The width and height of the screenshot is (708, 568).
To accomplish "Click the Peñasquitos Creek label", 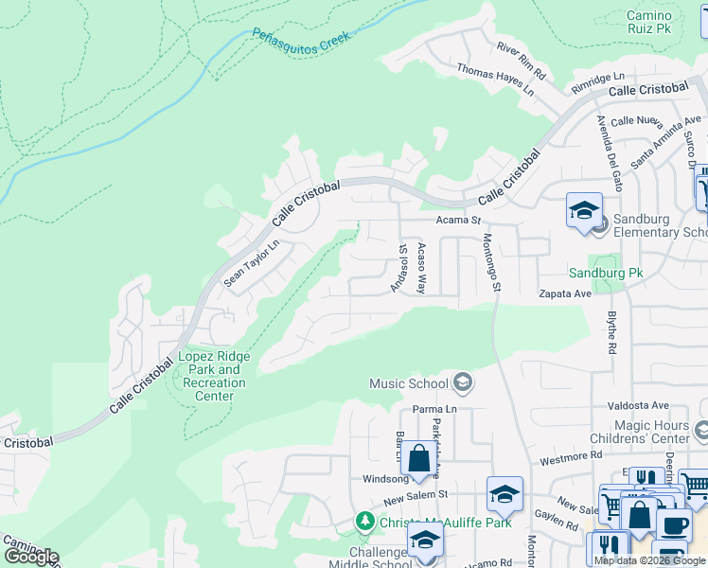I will (x=301, y=38).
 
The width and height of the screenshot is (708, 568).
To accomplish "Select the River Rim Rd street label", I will (x=522, y=59).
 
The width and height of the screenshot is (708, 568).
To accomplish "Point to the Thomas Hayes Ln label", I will (x=495, y=81).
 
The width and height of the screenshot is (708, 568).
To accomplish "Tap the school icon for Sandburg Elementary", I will (x=584, y=209).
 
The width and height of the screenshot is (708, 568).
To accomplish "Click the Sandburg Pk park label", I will (x=605, y=273).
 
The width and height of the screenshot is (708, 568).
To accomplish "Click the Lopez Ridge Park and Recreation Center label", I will (x=214, y=376).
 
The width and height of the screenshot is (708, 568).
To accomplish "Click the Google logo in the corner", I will (x=30, y=557).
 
